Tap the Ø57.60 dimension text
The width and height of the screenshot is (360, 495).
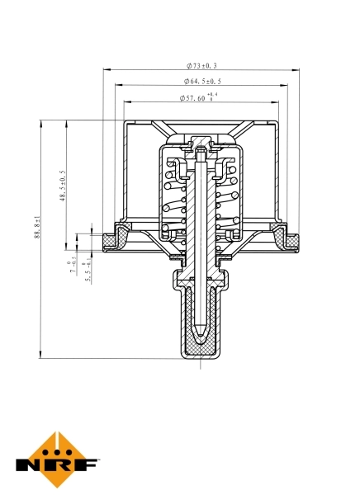tap(195, 98)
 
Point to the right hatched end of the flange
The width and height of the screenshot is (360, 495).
tap(288, 240)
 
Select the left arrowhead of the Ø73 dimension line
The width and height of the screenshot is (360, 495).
tap(106, 71)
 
